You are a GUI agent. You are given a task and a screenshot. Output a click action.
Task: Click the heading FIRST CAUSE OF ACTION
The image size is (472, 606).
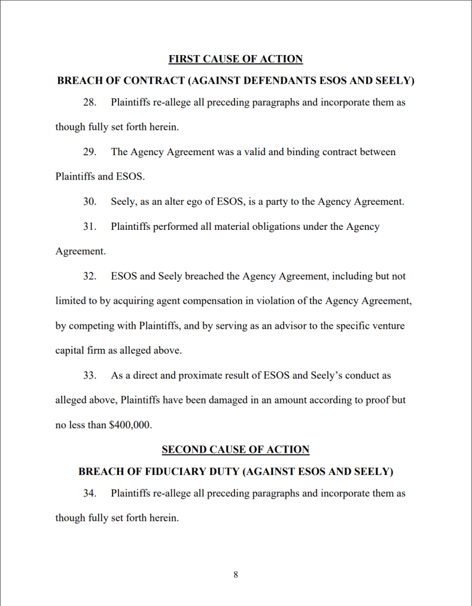coord(235,59)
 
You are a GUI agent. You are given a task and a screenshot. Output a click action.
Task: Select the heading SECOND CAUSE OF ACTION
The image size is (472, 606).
coord(235,450)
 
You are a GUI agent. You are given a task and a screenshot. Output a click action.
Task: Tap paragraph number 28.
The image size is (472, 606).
coord(89,102)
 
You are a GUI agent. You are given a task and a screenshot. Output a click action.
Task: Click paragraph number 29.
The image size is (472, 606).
coord(89,152)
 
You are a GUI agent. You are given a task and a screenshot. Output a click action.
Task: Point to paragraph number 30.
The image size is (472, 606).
coord(89,202)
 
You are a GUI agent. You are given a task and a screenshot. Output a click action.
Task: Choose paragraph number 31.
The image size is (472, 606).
coord(89,227)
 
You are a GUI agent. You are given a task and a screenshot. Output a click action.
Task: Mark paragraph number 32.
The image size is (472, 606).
coord(89,277)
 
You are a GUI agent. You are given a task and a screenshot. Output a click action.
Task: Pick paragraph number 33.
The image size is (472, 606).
coord(89,376)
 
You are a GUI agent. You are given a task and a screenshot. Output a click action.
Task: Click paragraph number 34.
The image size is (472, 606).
coord(89,493)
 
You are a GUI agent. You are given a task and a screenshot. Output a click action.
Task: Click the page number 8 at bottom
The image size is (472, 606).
coord(236,575)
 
